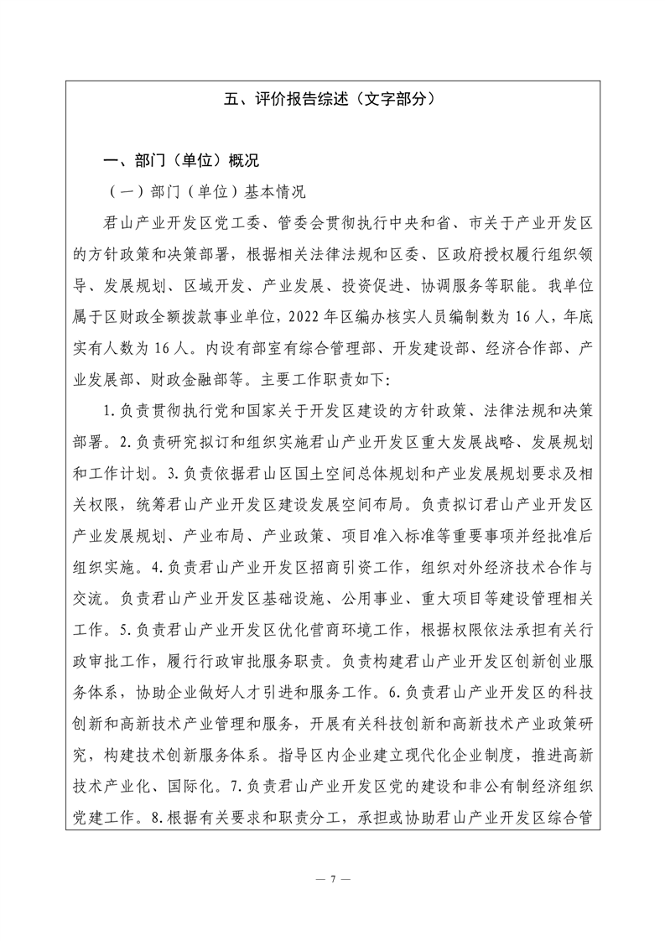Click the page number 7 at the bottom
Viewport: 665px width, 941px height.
pyautogui.click(x=332, y=879)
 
